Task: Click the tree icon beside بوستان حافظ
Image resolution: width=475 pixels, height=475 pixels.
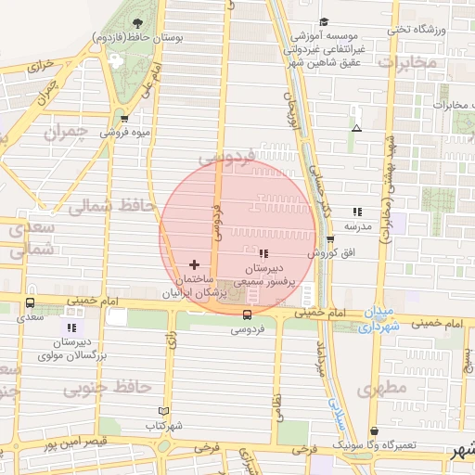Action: (138, 23)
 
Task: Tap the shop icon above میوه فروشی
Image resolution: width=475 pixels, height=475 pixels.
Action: (124, 119)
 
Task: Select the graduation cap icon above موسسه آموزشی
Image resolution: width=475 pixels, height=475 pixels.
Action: (324, 22)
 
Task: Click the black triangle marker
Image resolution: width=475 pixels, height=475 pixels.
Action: (357, 128)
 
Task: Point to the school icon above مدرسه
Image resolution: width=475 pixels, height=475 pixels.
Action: (357, 212)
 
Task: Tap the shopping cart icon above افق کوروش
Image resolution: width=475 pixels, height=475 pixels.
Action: (330, 239)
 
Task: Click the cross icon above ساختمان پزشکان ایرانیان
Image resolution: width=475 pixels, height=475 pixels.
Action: (194, 265)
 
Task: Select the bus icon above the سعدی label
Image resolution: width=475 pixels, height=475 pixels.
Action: (31, 302)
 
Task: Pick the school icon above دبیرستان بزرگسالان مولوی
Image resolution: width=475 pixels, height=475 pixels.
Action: (71, 327)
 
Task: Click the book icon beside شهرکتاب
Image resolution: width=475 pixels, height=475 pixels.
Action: (164, 411)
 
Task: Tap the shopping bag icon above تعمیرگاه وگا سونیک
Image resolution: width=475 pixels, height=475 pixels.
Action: (374, 431)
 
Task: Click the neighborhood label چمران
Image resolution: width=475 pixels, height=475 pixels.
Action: (64, 134)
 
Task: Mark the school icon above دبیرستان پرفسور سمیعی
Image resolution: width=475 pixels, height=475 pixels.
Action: (264, 253)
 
